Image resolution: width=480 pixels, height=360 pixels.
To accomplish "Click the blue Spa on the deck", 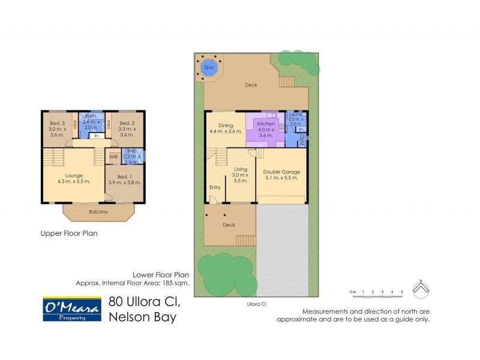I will click(x=209, y=67).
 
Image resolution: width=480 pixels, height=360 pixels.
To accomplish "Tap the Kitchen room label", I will click(x=266, y=124).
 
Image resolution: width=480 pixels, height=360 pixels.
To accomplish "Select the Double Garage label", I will click(x=281, y=172).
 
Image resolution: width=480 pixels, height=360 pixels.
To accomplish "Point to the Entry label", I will click(x=215, y=187).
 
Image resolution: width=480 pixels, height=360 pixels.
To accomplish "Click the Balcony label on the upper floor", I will click(x=98, y=212).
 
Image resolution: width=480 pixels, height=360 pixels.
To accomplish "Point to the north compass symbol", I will click(x=422, y=289).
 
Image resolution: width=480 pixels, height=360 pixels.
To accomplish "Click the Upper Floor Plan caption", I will click(x=68, y=233).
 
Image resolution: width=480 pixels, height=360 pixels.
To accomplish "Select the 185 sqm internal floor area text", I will click(x=133, y=283).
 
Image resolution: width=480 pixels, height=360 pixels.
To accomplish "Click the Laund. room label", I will click(x=295, y=114).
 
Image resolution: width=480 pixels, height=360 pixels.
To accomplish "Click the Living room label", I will click(x=241, y=170).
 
